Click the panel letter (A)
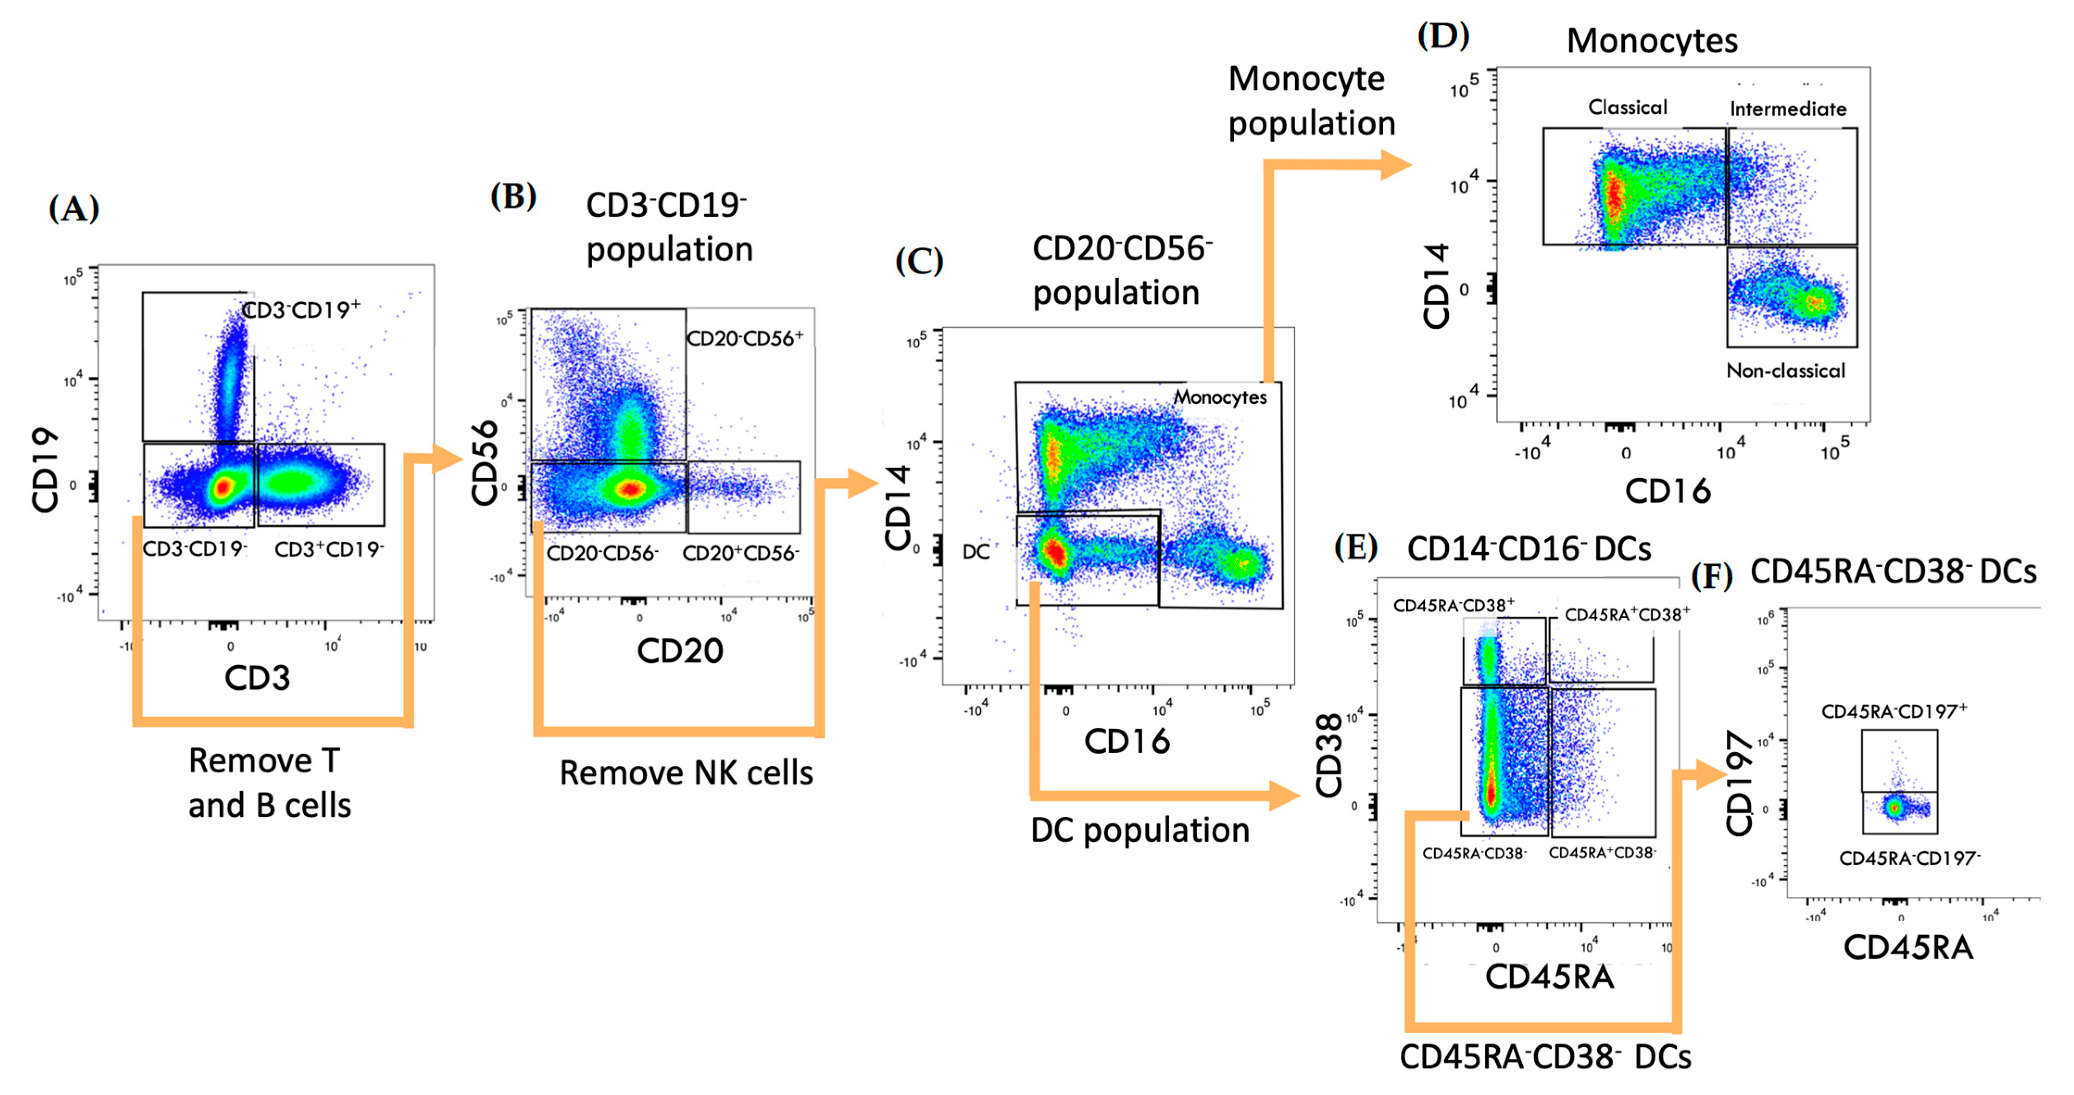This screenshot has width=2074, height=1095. click(74, 209)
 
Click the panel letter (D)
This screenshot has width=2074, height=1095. click(1443, 36)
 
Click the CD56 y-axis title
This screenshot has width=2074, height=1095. click(485, 463)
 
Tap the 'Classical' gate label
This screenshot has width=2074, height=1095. click(1627, 107)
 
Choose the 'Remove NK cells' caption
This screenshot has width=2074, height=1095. click(686, 773)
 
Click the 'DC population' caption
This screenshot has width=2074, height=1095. click(1140, 830)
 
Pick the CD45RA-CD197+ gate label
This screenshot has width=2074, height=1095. click(1894, 711)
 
